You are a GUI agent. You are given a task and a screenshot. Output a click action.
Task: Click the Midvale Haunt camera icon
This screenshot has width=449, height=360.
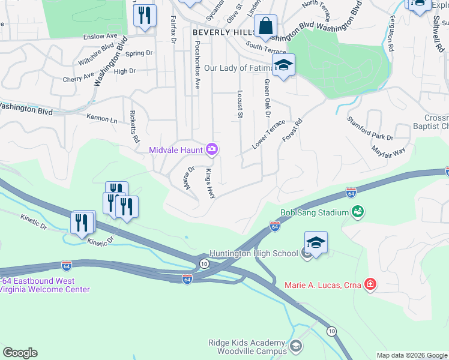tap(211, 149)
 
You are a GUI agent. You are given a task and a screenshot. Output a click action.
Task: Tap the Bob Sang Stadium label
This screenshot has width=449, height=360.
tap(315, 212)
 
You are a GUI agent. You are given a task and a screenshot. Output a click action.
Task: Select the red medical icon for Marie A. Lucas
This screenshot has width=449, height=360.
tap(370, 284)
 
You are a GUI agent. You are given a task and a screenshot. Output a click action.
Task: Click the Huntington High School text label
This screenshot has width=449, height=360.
tap(253, 253)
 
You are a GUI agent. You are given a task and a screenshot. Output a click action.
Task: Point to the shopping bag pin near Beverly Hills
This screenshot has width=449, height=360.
tap(265, 26)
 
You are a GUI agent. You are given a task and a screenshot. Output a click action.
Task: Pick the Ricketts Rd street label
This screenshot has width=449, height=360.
tap(135, 127)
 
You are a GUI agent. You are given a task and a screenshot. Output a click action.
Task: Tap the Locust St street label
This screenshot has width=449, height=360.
tap(240, 104)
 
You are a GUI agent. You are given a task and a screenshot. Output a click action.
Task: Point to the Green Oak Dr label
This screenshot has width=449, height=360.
tap(267, 98)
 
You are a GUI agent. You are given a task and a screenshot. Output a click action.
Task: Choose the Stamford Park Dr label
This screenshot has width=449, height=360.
tap(370, 128)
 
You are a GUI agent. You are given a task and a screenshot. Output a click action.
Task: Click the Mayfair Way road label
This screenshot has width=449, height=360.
tap(388, 150)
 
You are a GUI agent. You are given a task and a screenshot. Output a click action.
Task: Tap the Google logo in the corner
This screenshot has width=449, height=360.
tap(20, 353)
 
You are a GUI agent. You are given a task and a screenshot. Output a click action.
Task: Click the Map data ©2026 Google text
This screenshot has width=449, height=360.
tap(411, 355)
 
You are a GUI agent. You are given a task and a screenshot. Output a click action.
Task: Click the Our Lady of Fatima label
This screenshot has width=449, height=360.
tap(238, 68)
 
